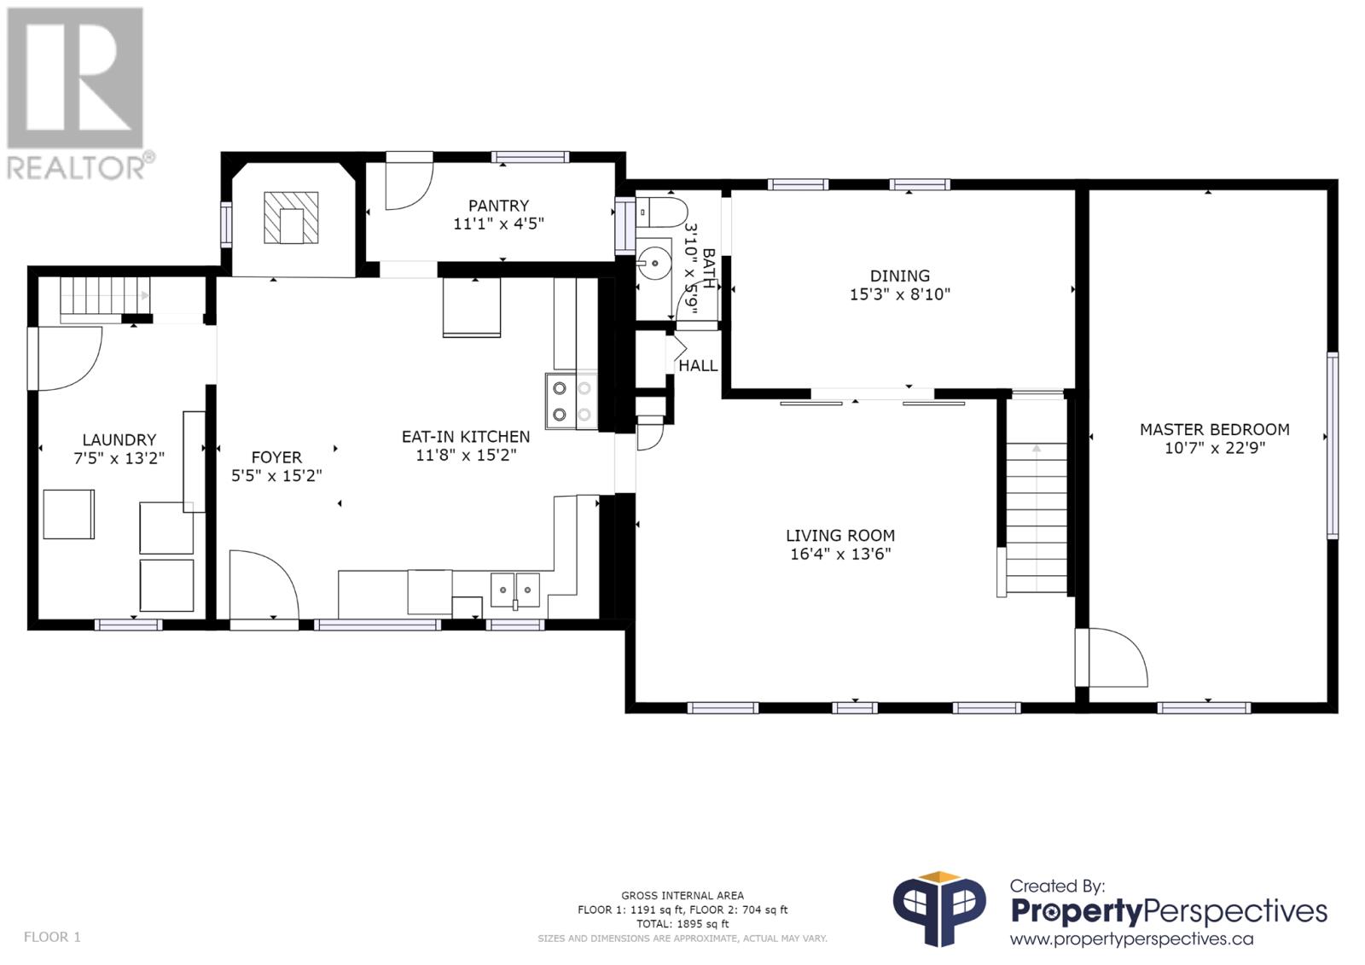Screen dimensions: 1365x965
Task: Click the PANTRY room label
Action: click(498, 206)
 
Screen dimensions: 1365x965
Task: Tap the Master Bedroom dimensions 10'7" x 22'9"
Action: click(1215, 448)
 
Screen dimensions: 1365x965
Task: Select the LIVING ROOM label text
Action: click(840, 536)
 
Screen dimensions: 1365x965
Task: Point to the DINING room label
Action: click(899, 276)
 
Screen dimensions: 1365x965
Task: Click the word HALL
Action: click(699, 366)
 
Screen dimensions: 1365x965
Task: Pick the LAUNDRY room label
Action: click(119, 439)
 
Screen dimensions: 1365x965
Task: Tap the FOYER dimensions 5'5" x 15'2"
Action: click(276, 475)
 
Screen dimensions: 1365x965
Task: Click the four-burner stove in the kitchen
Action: click(572, 401)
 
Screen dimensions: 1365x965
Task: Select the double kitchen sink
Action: click(515, 590)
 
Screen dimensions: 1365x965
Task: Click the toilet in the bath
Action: click(661, 212)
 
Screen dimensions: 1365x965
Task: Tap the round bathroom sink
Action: click(653, 264)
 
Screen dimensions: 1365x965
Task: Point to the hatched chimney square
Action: click(291, 218)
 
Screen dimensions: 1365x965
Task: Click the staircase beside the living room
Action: click(1036, 494)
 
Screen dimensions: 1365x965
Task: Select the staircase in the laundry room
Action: click(105, 297)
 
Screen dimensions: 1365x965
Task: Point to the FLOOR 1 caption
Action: click(52, 937)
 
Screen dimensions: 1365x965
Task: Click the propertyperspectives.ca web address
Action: click(1131, 939)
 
